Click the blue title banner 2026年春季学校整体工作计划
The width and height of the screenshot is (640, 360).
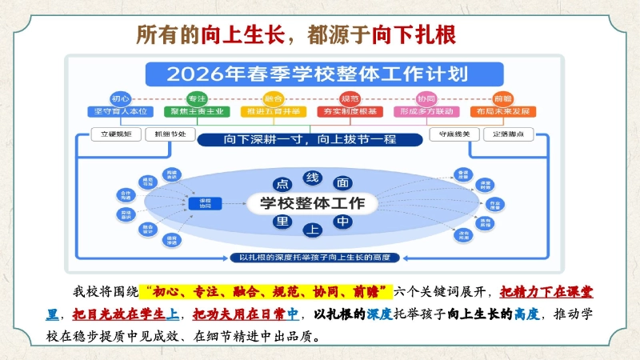313,75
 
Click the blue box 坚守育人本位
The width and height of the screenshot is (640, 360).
119,111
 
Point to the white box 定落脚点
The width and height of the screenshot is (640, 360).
513,134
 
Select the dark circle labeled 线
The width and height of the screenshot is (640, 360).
312,177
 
